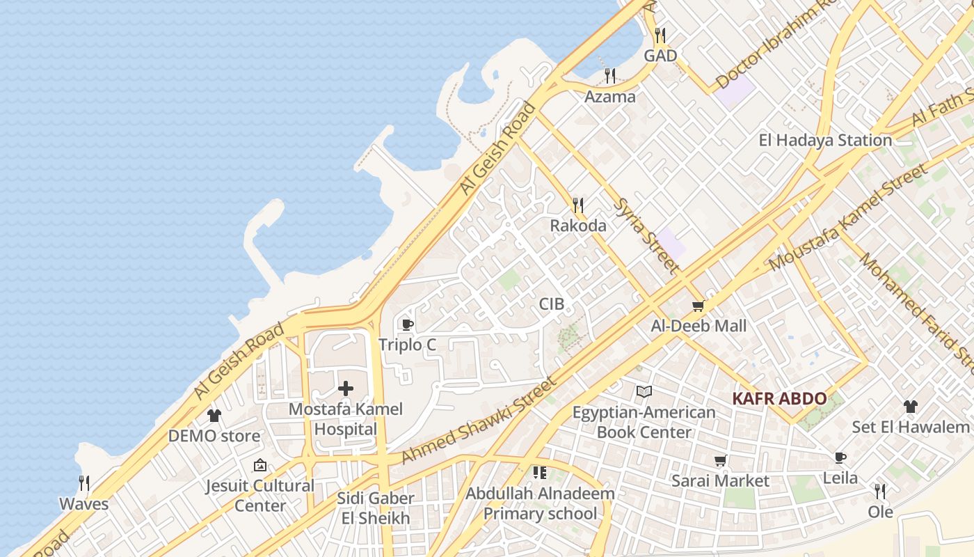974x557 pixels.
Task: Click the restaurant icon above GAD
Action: tap(660, 35)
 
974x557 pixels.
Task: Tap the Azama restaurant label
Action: tap(609, 97)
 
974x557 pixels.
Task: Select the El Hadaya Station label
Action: tap(825, 140)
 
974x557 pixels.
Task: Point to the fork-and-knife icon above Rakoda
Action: tap(577, 205)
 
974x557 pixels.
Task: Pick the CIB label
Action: tap(552, 304)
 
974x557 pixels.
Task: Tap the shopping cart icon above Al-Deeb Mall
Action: tap(698, 306)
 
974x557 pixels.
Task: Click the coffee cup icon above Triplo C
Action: tap(408, 324)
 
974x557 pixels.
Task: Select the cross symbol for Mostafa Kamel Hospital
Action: tap(346, 389)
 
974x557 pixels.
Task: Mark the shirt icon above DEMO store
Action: tap(214, 416)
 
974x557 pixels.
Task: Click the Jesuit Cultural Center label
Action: tap(260, 495)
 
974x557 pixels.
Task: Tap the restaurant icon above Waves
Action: tap(84, 483)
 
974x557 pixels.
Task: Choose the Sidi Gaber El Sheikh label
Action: tap(375, 508)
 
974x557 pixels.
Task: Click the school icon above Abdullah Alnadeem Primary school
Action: tap(540, 473)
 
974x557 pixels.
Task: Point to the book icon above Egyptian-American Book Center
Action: tap(644, 392)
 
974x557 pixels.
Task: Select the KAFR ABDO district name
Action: tap(780, 399)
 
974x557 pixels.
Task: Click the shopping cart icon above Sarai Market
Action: tap(720, 461)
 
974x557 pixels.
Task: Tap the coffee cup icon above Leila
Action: tap(840, 457)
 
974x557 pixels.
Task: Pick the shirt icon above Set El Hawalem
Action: tap(911, 407)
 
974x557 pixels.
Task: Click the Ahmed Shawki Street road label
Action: tap(479, 421)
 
